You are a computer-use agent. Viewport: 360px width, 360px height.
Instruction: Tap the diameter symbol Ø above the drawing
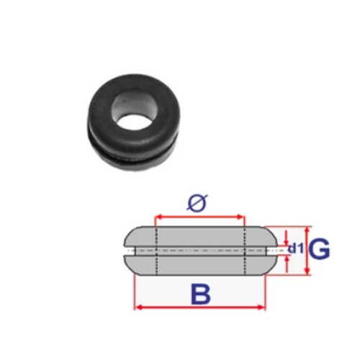point(197,203)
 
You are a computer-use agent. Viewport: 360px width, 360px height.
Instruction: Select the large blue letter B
point(200,294)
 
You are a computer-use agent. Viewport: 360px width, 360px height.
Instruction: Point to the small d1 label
point(296,248)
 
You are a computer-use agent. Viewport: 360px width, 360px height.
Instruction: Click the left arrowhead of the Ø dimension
point(159,217)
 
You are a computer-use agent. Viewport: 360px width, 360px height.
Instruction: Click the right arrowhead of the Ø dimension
point(240,217)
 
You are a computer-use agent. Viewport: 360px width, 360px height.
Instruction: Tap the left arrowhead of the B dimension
point(139,307)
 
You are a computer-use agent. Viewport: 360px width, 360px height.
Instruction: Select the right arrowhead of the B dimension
point(261,307)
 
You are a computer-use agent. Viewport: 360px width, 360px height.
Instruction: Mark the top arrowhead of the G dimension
point(307,230)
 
